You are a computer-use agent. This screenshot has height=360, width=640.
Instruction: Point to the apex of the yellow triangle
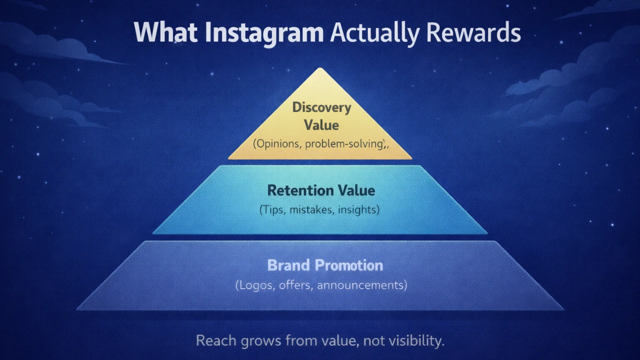(320, 69)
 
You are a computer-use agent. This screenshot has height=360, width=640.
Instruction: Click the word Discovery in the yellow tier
(321, 107)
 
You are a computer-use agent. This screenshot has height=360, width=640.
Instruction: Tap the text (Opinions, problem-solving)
(320, 143)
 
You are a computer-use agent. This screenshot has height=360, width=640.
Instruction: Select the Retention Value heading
(320, 190)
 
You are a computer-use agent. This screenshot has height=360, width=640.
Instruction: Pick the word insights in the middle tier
(358, 209)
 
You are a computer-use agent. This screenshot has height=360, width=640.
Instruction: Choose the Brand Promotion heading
(325, 265)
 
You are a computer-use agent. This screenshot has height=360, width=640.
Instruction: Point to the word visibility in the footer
(414, 341)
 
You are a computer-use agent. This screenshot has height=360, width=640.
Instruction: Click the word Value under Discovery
(321, 125)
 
